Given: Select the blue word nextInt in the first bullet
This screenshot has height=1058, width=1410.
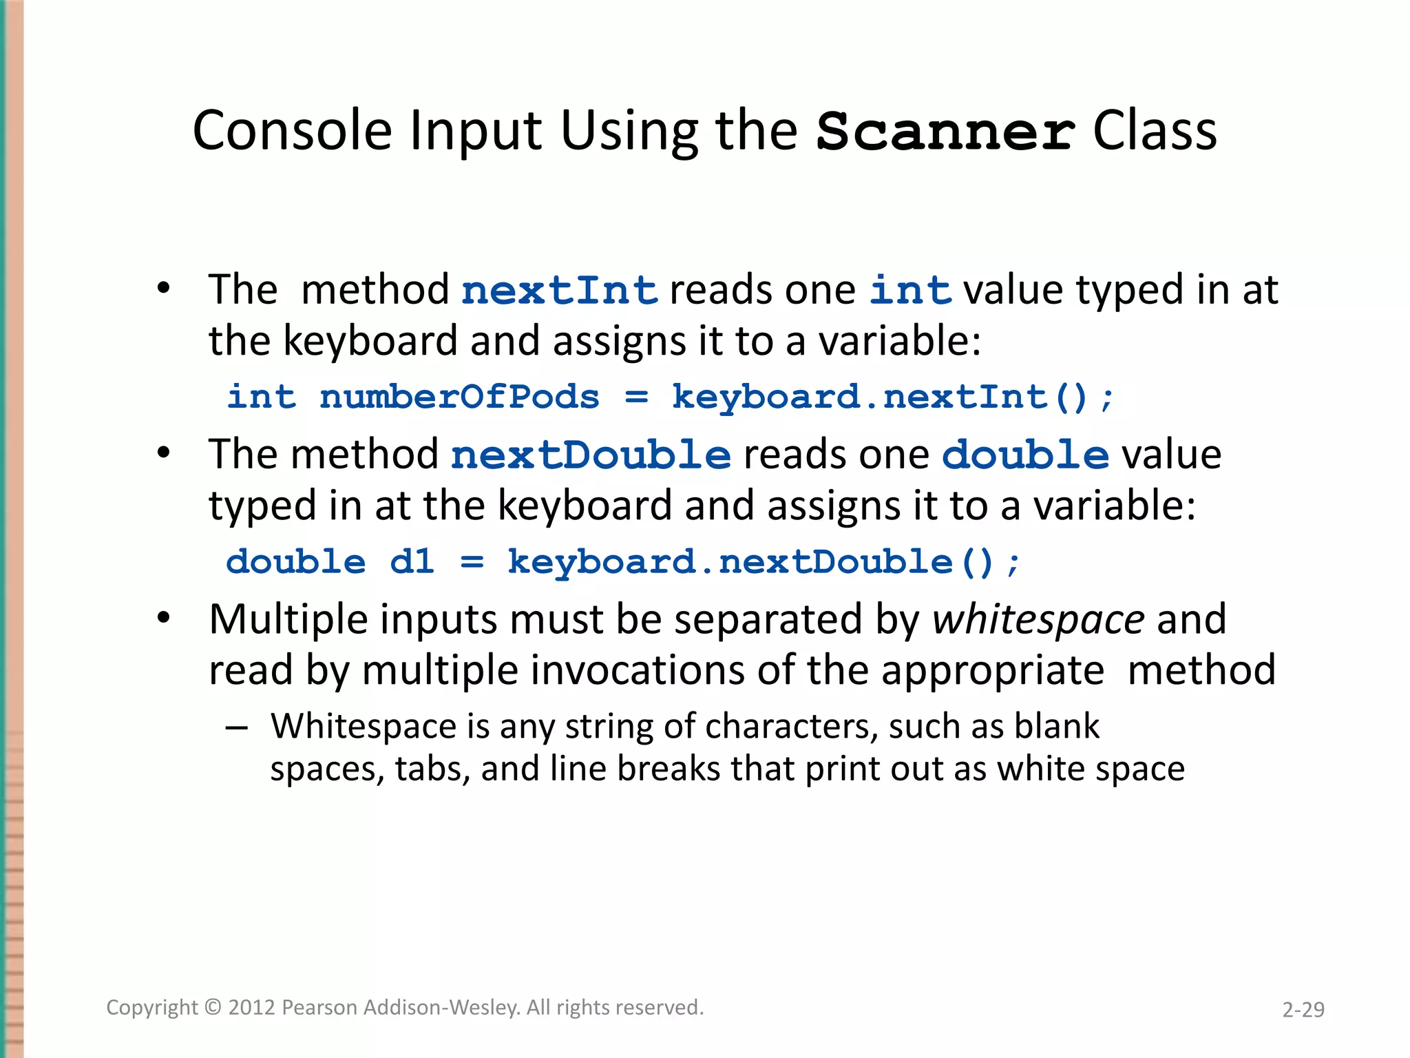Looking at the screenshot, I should pyautogui.click(x=559, y=290).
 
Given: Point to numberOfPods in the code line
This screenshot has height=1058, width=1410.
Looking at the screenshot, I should pyautogui.click(x=459, y=397).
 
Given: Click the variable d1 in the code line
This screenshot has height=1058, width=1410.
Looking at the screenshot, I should pyautogui.click(x=412, y=562).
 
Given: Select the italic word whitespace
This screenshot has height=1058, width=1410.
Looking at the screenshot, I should pyautogui.click(x=1038, y=619).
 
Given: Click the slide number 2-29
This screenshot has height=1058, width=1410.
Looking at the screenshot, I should pyautogui.click(x=1303, y=1010).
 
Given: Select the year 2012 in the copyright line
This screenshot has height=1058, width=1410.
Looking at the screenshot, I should pyautogui.click(x=251, y=1008).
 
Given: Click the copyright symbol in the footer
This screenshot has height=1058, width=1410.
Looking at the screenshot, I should pyautogui.click(x=213, y=1008).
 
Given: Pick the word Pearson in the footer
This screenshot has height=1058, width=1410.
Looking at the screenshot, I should pyautogui.click(x=319, y=1008).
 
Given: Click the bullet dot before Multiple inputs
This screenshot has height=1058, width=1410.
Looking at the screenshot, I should pyautogui.click(x=163, y=618).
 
